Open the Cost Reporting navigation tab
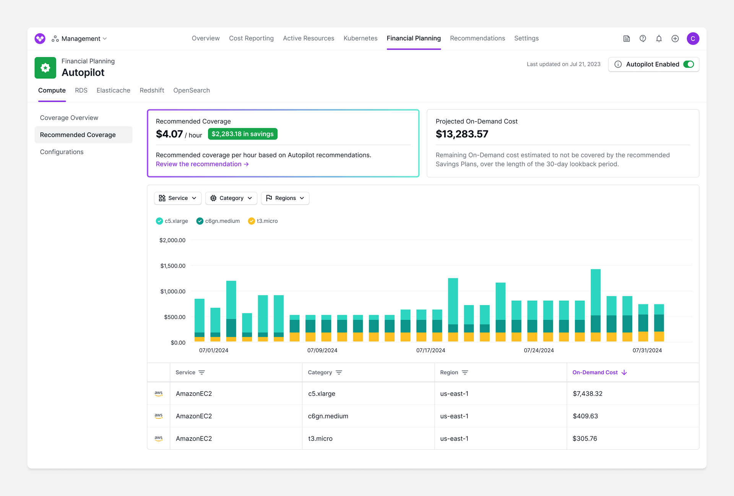[251, 38]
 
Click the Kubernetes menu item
[360, 38]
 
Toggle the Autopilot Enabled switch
[688, 64]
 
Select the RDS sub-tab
[81, 90]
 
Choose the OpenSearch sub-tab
[191, 90]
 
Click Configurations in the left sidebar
[62, 152]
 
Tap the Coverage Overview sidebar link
[69, 118]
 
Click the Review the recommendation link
[202, 164]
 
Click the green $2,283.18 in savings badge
[242, 134]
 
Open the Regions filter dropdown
[285, 198]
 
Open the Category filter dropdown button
[231, 198]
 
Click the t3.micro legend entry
[263, 221]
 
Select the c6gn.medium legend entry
[218, 221]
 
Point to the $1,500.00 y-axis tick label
[173, 266]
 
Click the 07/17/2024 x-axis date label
[430, 350]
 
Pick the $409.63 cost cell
[585, 416]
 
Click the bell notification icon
[659, 39]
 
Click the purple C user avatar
[693, 39]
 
